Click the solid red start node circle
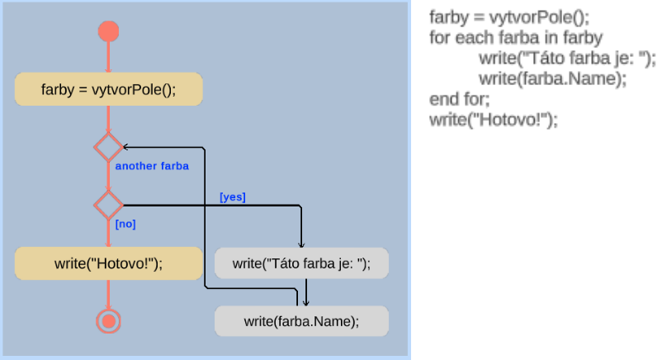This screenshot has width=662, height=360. tap(108, 31)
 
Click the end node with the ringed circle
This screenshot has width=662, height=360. tap(108, 320)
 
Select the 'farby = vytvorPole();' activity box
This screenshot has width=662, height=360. tap(108, 89)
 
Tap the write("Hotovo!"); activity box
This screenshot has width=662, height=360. tap(108, 263)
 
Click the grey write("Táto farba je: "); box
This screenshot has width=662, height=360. tap(301, 263)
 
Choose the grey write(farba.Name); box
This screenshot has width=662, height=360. tap(301, 320)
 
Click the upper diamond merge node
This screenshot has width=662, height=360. tap(108, 147)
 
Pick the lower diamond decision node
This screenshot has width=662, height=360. tap(108, 205)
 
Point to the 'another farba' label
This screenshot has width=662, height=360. tap(152, 166)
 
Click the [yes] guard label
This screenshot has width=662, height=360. tap(233, 197)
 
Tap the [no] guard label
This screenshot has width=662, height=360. tap(125, 224)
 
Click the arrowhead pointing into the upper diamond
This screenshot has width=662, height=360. tap(126, 147)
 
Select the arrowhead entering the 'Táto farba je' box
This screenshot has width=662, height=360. tap(301, 244)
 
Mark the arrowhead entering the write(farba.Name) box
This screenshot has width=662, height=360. tap(306, 301)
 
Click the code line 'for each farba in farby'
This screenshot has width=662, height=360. tap(516, 37)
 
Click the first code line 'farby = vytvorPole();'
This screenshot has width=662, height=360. tap(510, 17)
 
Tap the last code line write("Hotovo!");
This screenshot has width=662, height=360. tap(494, 120)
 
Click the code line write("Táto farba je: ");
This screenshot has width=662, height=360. tap(566, 59)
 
